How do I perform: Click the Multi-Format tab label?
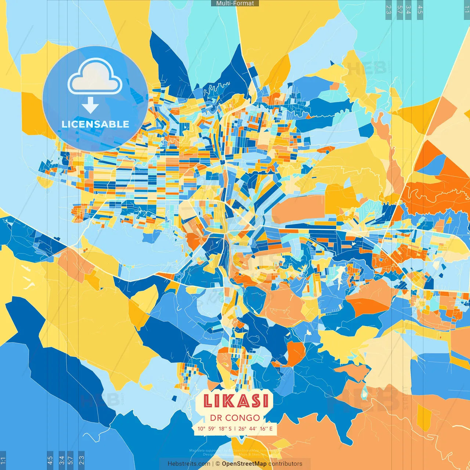pyautogui.click(x=235, y=3)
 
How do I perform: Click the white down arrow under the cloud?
pyautogui.click(x=90, y=106)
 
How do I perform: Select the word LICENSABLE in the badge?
pyautogui.click(x=95, y=124)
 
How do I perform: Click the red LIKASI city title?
pyautogui.click(x=235, y=401)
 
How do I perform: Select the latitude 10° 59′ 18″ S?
pyautogui.click(x=214, y=429)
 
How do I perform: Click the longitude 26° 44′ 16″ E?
pyautogui.click(x=256, y=429)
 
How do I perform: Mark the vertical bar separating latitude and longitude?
pyautogui.click(x=235, y=429)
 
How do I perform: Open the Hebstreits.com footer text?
pyautogui.click(x=189, y=464)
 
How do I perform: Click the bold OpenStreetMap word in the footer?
pyautogui.click(x=244, y=464)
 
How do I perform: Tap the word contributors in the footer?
pyautogui.click(x=285, y=464)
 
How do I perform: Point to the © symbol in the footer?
pyautogui.click(x=218, y=464)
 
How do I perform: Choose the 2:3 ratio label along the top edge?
pyautogui.click(x=388, y=10)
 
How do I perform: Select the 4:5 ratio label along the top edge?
pyautogui.click(x=420, y=10)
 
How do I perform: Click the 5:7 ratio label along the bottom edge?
pyautogui.click(x=70, y=460)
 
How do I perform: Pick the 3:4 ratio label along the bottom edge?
pyautogui.click(x=62, y=460)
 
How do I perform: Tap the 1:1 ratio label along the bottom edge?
pyautogui.click(x=3, y=460)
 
